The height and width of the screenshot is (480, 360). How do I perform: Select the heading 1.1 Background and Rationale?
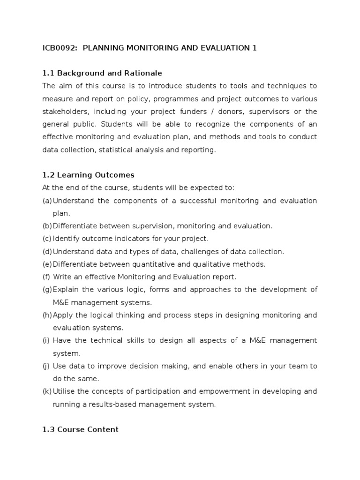click(102, 73)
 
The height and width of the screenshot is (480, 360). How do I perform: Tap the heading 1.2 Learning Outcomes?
click(88, 175)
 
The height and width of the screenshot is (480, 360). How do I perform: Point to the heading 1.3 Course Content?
click(81, 429)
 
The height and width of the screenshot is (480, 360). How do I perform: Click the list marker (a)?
click(47, 201)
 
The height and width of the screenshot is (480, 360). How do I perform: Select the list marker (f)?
click(46, 277)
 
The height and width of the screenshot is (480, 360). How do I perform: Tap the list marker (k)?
click(47, 391)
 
